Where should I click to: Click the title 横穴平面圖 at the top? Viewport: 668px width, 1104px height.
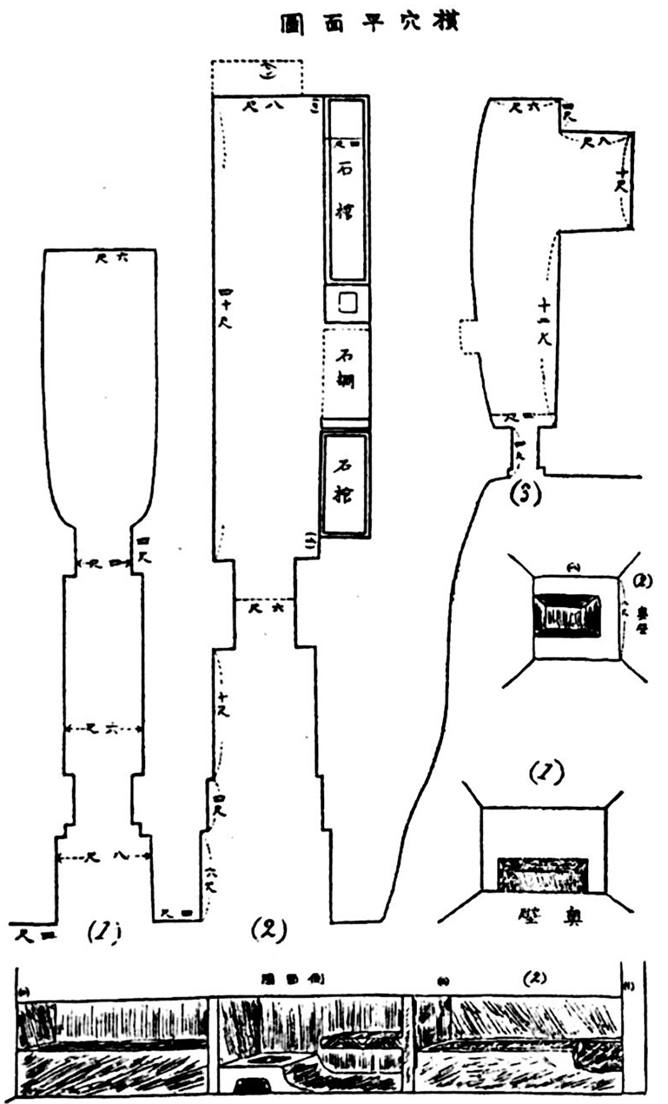click(369, 24)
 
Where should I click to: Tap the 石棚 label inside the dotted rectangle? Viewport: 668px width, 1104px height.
click(345, 370)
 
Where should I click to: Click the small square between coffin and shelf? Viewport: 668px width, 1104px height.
click(347, 303)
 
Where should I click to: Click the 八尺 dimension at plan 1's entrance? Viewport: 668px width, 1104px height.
click(103, 856)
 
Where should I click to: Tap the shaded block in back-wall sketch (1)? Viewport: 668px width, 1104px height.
click(542, 874)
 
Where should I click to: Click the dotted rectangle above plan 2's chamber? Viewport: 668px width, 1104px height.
click(257, 77)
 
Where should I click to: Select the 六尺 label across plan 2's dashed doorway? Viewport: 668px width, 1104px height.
click(267, 608)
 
